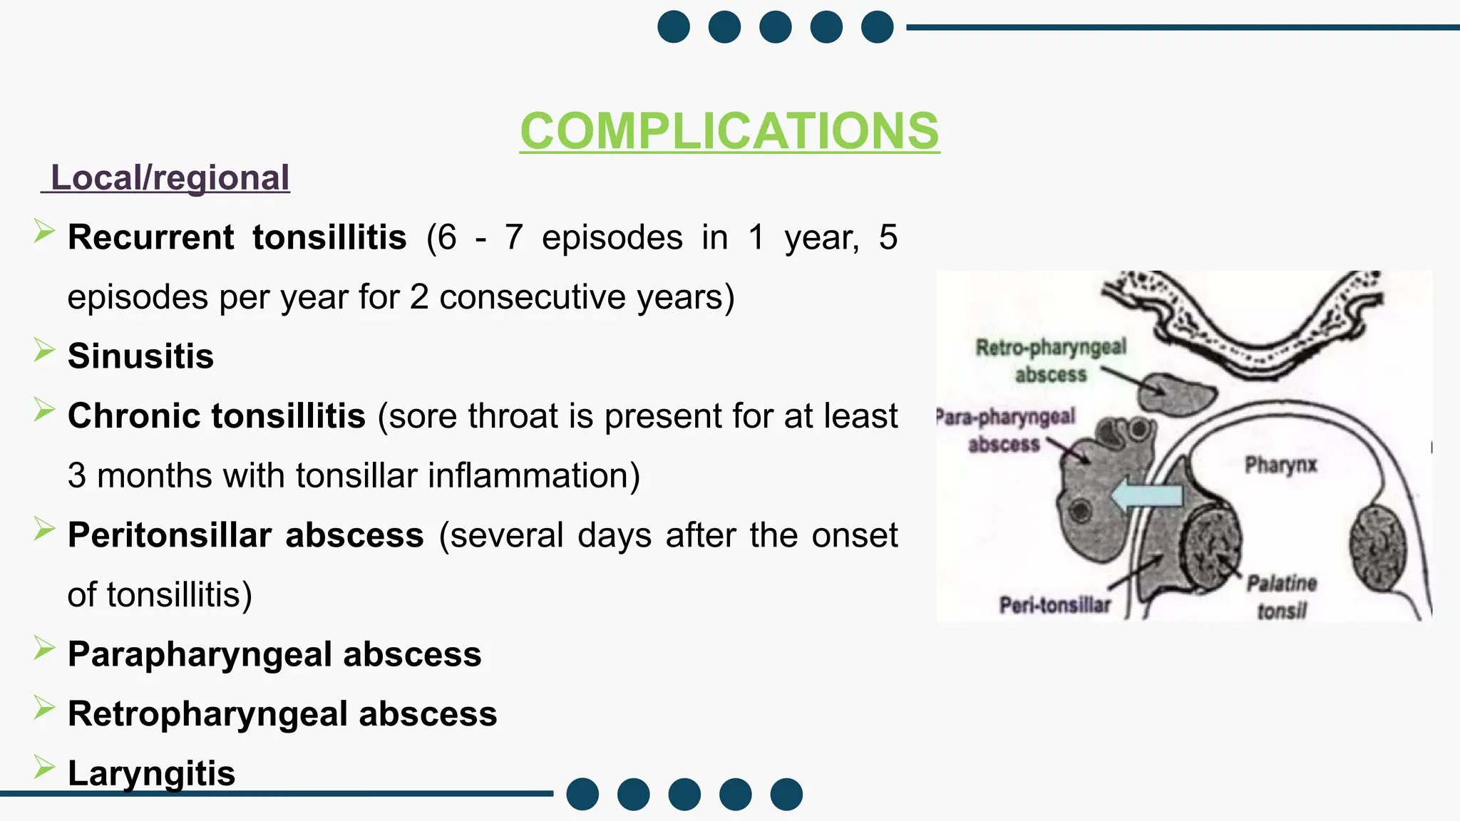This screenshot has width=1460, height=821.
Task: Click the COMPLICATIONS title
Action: click(729, 131)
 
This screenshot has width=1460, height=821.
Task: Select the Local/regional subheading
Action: click(170, 177)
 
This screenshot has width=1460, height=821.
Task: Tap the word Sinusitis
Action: click(140, 356)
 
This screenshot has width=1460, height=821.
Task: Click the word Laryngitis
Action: click(151, 773)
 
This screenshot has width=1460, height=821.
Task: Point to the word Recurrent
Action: click(150, 237)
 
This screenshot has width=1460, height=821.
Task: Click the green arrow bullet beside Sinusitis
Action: click(44, 351)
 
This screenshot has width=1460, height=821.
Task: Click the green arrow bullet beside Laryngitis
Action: click(44, 768)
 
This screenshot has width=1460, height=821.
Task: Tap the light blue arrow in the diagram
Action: click(1147, 495)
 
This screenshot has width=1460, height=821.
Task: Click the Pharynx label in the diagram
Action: click(1280, 465)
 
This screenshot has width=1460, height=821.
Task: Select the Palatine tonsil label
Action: click(1281, 597)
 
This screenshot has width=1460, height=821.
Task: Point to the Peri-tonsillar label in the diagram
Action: click(1055, 605)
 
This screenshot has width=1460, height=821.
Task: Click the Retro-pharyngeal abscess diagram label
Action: click(1051, 361)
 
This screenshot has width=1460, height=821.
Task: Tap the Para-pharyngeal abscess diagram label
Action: click(1005, 430)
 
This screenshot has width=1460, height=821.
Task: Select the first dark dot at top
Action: click(674, 27)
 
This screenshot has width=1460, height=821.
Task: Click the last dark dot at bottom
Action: click(786, 794)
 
